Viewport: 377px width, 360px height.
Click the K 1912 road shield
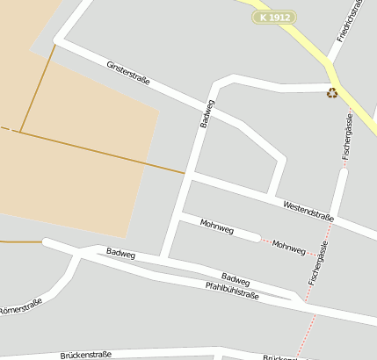tap(274, 17)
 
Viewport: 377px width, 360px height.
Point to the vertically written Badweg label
tap(207, 113)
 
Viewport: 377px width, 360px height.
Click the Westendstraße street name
tap(308, 211)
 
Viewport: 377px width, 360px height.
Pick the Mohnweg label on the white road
tap(217, 228)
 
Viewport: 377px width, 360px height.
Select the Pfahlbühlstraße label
tap(232, 291)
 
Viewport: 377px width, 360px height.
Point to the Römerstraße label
tap(19, 308)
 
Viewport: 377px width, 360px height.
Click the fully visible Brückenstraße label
tap(86, 355)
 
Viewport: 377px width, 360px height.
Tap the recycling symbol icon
tap(332, 91)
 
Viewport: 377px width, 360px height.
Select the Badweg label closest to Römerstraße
tap(120, 253)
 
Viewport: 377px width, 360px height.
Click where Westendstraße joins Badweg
tap(191, 175)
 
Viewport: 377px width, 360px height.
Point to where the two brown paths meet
tap(19, 133)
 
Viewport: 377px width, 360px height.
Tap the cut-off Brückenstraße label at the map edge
tap(281, 357)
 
